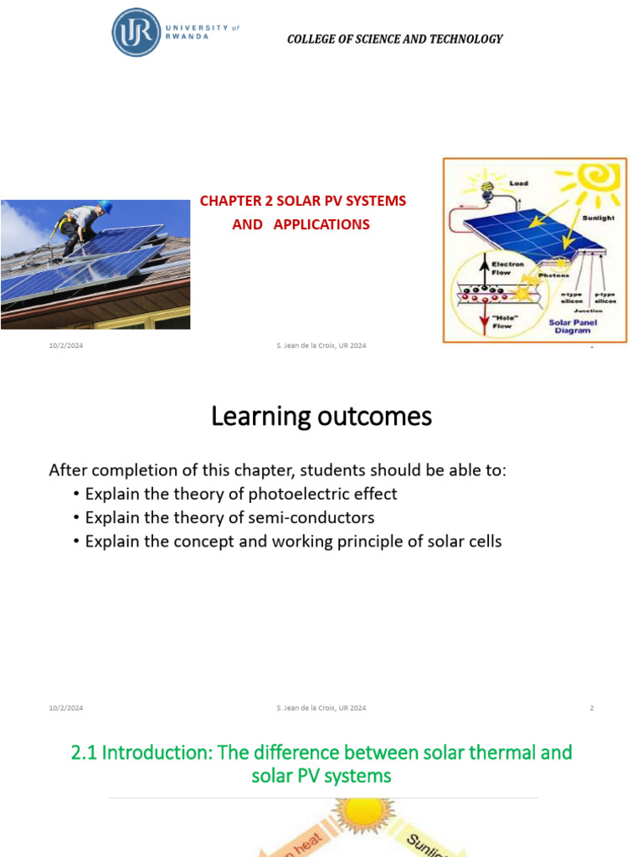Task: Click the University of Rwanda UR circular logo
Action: [136, 33]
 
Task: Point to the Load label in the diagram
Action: [518, 183]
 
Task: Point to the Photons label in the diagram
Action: [554, 275]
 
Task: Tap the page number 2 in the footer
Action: [591, 708]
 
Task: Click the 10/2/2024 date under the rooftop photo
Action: [65, 346]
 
